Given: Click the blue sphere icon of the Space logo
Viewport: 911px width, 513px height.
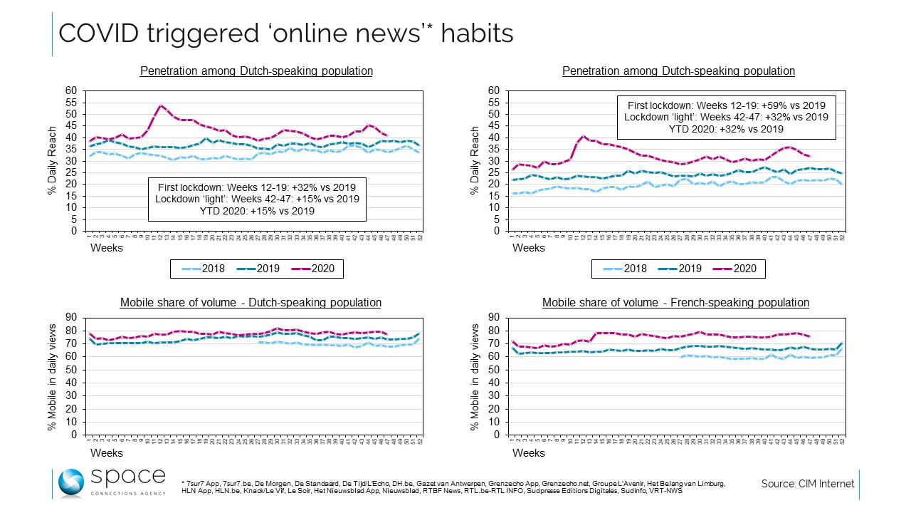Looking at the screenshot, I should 71,483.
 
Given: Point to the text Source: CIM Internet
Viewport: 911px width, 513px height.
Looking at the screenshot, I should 807,484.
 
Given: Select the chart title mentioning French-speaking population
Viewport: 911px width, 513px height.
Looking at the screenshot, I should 675,303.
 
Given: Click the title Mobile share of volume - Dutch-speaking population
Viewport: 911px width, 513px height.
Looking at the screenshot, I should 251,303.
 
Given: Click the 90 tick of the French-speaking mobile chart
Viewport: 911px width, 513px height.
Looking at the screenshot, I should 496,318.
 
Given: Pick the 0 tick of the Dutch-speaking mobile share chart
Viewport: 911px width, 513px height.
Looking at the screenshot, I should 74,435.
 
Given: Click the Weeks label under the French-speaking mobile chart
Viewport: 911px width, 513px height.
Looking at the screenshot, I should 528,453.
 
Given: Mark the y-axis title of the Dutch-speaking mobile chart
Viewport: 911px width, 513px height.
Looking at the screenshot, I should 52,375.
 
